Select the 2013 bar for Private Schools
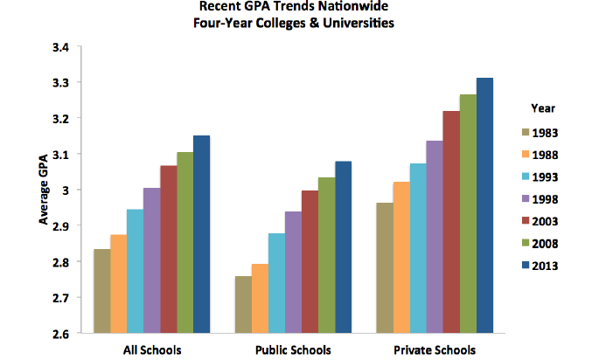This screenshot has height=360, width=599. click(x=485, y=205)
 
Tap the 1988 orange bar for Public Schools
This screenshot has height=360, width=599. click(x=260, y=298)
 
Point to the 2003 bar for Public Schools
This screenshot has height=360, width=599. click(x=309, y=261)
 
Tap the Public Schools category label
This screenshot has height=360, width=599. click(x=292, y=350)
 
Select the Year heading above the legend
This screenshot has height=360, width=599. click(x=543, y=108)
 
